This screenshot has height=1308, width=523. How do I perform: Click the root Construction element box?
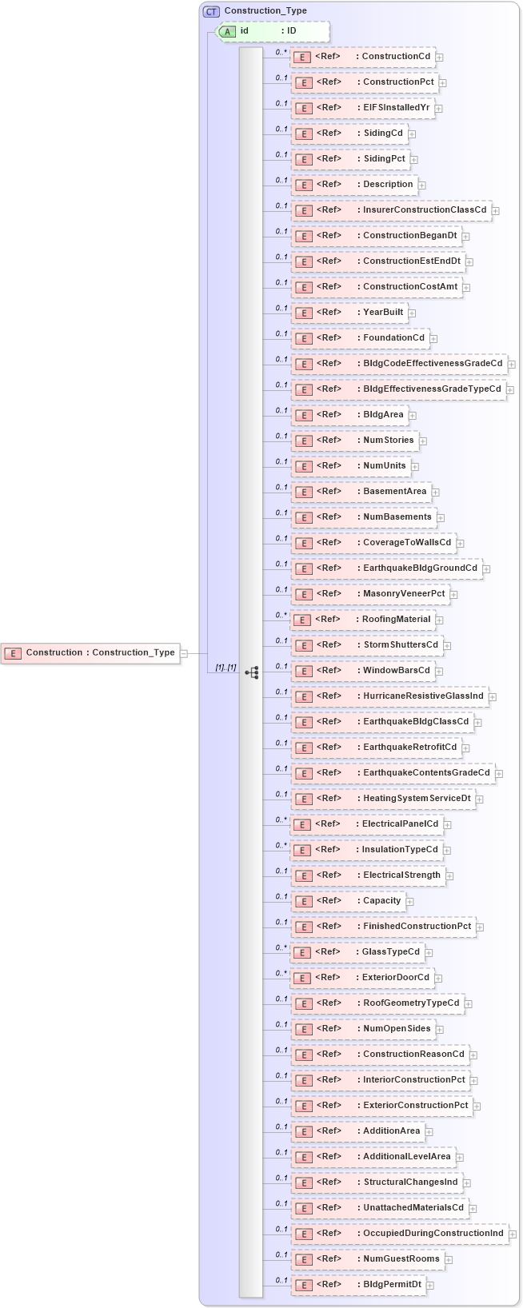[x=90, y=653]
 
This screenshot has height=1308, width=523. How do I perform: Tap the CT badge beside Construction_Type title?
[x=211, y=11]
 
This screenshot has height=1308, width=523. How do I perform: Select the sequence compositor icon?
[x=252, y=672]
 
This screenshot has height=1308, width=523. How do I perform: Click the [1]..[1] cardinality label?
[x=226, y=668]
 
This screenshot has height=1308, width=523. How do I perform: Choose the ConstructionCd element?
[x=363, y=57]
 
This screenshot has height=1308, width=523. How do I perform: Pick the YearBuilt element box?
[x=350, y=313]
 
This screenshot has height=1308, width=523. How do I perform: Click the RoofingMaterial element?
[x=363, y=620]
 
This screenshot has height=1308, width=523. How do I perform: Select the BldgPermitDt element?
[x=359, y=1285]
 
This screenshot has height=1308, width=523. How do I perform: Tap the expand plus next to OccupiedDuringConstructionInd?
[x=513, y=1234]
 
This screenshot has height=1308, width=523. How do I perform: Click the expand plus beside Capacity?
[x=409, y=902]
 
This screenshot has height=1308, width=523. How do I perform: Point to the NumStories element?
[x=355, y=441]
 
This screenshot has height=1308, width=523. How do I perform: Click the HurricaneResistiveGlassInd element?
[x=390, y=696]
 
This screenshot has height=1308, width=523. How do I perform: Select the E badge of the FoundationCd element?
[x=303, y=339]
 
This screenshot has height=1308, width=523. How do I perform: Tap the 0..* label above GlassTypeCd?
[x=281, y=947]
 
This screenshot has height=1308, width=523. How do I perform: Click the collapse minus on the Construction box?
[x=184, y=653]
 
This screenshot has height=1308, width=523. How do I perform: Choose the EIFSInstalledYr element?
[x=364, y=108]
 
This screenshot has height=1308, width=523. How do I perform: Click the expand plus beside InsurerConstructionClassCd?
[x=496, y=211]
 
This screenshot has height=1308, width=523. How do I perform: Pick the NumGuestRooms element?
[x=368, y=1259]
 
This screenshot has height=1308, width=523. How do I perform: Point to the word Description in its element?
[x=388, y=185]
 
